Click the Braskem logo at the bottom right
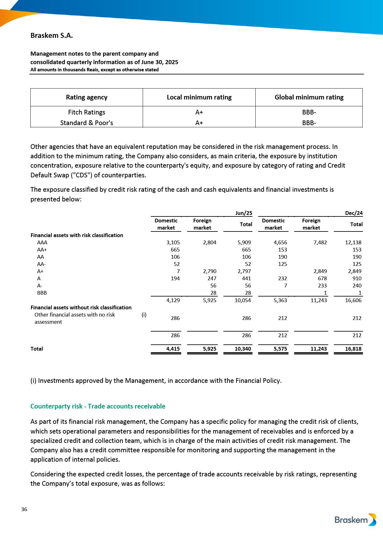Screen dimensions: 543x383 (355, 520)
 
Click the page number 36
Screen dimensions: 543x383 (24, 509)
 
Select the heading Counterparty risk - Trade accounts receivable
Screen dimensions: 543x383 (98, 406)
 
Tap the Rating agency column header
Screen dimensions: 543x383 (87, 97)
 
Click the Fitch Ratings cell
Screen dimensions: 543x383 (87, 112)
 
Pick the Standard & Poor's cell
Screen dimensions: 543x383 (87, 123)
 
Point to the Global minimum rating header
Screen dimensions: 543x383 (309, 97)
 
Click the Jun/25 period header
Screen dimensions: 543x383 (243, 213)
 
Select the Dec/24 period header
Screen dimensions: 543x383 (354, 213)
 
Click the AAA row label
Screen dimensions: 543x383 (42, 242)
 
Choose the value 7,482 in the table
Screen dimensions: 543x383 (320, 242)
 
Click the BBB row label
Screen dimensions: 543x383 (42, 293)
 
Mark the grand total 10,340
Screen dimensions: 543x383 (243, 349)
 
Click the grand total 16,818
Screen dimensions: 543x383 (353, 349)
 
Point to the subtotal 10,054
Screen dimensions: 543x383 (243, 300)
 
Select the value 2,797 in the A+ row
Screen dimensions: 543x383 (244, 271)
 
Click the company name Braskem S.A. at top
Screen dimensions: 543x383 (52, 36)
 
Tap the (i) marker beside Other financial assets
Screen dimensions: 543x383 (144, 315)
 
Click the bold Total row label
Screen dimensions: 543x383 (37, 349)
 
